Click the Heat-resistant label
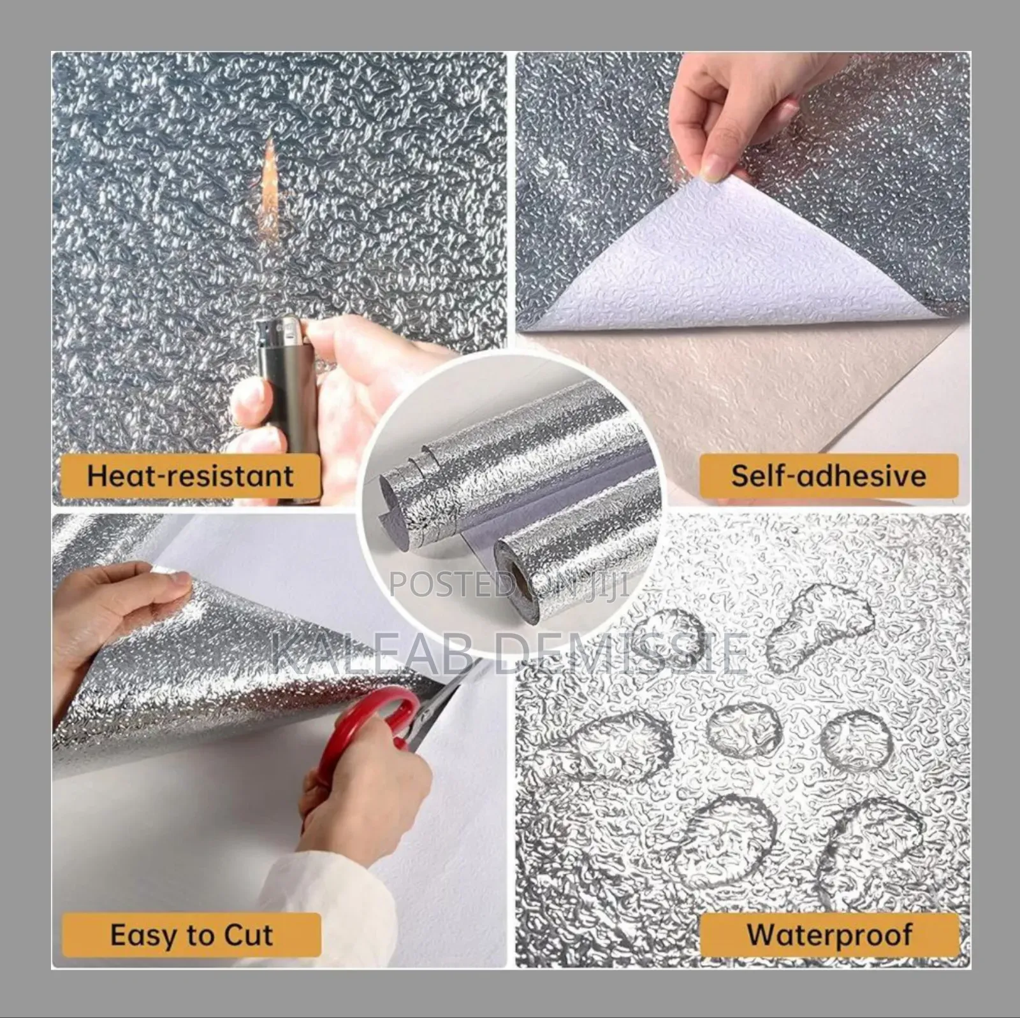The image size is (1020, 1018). tap(190, 476)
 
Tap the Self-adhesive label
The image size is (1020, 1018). tap(828, 476)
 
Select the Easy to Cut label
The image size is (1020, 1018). tap(191, 935)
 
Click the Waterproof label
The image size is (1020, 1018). tap(829, 935)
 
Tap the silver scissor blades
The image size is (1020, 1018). tap(446, 688)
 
